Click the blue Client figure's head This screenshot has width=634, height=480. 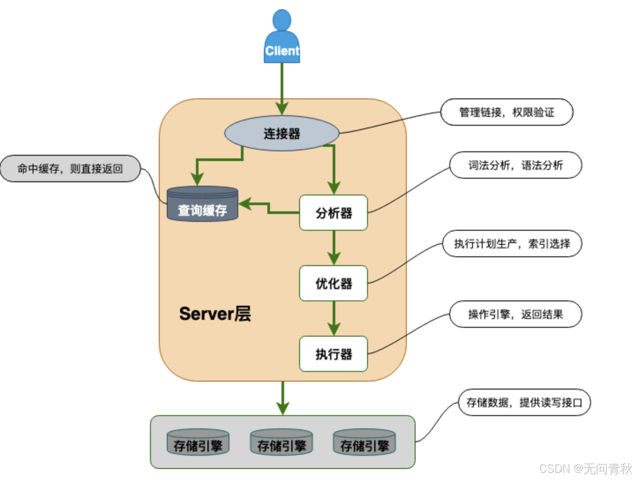(282, 20)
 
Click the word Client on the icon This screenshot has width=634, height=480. (282, 51)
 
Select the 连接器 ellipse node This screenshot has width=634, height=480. (281, 133)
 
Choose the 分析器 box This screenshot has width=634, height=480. (334, 213)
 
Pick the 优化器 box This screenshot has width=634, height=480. (334, 284)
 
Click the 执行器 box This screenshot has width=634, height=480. (334, 354)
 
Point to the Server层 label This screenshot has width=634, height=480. (215, 314)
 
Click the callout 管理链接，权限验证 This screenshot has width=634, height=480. (506, 112)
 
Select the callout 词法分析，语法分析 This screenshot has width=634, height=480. (515, 165)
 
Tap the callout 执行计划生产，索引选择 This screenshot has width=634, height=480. (512, 244)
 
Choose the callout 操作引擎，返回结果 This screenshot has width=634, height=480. (515, 314)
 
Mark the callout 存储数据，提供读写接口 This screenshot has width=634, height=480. (524, 402)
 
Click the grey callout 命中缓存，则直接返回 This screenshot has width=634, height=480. (70, 169)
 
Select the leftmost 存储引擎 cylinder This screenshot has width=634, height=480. (198, 442)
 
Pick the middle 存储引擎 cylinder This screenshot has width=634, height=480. (281, 442)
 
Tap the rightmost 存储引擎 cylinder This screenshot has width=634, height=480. (364, 442)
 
